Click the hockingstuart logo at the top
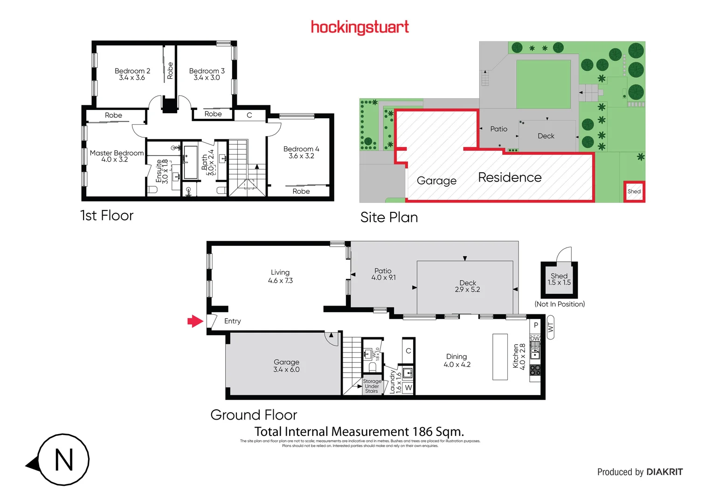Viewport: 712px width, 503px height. [x=359, y=27]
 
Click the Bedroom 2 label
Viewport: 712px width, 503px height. [x=132, y=71]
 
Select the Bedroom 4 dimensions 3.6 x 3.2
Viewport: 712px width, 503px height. [x=301, y=156]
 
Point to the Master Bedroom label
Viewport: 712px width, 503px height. [x=117, y=153]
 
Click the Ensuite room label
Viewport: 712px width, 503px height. [x=159, y=171]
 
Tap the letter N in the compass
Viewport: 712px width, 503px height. [x=64, y=460]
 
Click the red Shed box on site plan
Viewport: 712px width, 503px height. [x=634, y=191]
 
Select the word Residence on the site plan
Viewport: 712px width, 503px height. [x=510, y=177]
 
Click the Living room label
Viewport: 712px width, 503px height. [x=280, y=272]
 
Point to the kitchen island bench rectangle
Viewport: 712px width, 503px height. [x=500, y=356]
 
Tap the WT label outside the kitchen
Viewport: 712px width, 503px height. [x=550, y=327]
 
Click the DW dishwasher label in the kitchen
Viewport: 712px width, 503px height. [x=535, y=338]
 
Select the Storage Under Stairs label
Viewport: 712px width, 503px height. [x=372, y=386]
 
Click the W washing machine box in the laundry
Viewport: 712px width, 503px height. [x=408, y=387]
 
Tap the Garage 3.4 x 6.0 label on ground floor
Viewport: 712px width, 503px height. [x=286, y=366]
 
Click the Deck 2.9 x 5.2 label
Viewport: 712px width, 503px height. [x=468, y=286]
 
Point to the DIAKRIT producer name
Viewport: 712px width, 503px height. [x=664, y=472]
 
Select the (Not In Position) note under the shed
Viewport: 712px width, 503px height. [x=560, y=304]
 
